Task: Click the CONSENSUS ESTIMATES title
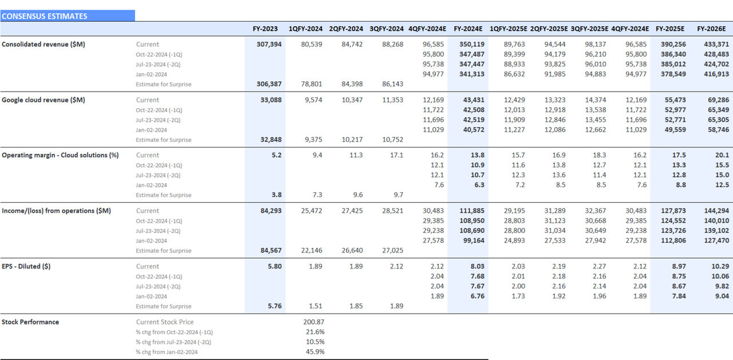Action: (x=45, y=16)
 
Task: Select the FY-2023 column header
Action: (x=265, y=29)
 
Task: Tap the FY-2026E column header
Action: (x=711, y=29)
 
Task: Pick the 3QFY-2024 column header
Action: (x=387, y=29)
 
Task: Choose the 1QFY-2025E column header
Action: (x=509, y=29)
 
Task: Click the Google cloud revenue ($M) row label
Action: (x=44, y=100)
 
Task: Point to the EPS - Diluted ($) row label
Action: (x=26, y=266)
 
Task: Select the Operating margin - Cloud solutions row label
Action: (x=60, y=155)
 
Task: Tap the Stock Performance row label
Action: (x=30, y=322)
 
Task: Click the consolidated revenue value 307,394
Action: (x=270, y=44)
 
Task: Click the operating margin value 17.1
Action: (x=396, y=155)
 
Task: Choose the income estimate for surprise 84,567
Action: (x=270, y=251)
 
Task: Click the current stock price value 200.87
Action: (x=314, y=322)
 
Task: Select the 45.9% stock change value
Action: (x=315, y=352)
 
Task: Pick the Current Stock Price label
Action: (x=164, y=322)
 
